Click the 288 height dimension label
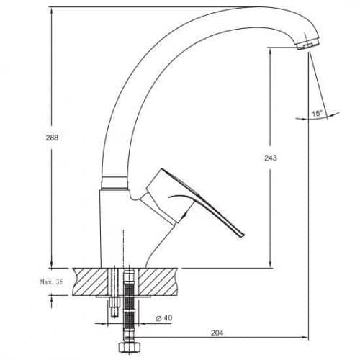point(52,138)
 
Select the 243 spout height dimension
point(271,158)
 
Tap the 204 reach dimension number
point(217,333)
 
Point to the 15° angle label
point(318,113)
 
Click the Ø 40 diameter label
point(164,318)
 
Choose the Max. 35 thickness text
point(52,282)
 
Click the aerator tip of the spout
point(307,45)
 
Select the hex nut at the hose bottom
point(129,347)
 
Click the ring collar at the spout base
point(114,183)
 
